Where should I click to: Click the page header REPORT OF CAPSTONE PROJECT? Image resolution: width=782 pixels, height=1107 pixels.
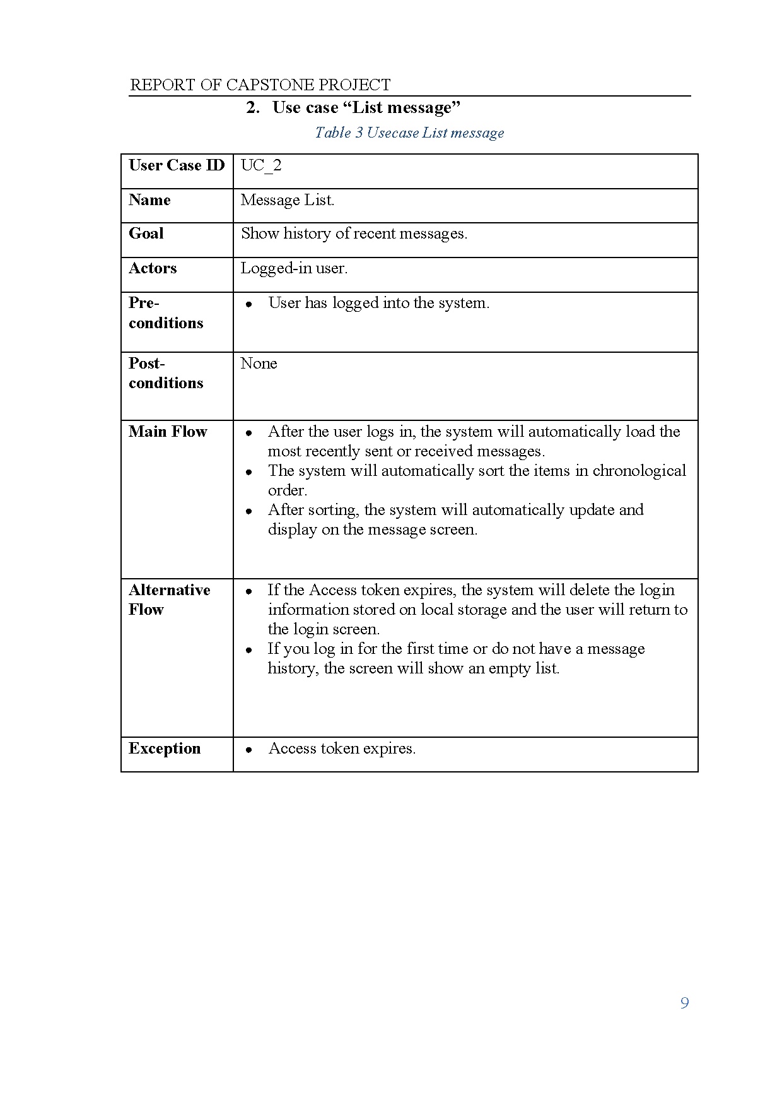point(260,85)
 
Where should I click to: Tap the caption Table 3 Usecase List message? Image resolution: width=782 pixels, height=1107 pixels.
point(409,133)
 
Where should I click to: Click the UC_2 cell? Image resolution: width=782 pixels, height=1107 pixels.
point(261,166)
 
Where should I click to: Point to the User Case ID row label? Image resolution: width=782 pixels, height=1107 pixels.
point(177,166)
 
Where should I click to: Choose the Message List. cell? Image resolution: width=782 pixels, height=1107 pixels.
point(288,201)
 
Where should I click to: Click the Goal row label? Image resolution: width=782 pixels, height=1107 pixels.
point(146,234)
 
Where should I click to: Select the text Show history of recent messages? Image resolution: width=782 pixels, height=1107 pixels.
point(354,234)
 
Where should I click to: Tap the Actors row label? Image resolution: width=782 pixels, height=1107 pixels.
point(153,269)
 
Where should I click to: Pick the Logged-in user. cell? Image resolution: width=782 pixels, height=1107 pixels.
point(294,269)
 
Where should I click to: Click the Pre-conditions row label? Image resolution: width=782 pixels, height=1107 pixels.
point(166,313)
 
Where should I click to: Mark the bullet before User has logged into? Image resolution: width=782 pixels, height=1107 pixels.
point(250,304)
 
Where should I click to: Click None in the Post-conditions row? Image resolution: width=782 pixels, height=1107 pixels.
point(259,364)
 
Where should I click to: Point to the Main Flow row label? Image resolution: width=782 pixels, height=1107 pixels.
point(168,432)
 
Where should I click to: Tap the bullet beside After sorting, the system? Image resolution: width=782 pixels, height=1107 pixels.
point(250,511)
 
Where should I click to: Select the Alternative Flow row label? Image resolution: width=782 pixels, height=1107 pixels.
point(169,600)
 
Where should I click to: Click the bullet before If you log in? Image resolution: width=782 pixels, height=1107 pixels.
point(250,650)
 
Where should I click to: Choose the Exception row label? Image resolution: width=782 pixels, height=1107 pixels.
point(165,749)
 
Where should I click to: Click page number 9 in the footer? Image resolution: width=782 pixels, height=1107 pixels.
point(685,1003)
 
